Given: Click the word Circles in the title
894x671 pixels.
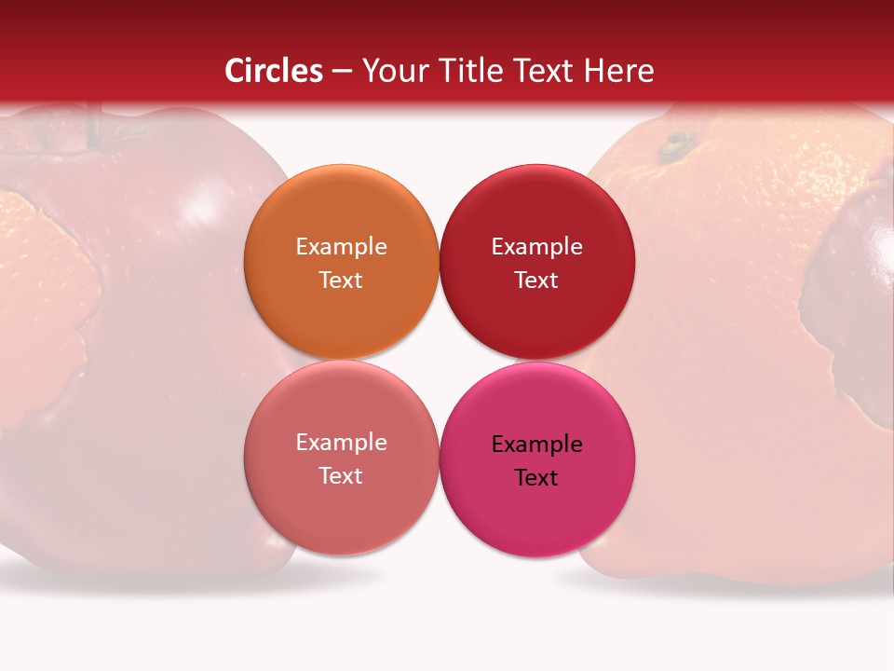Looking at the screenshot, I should (273, 71).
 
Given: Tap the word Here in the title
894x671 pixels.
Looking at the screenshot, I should (619, 71).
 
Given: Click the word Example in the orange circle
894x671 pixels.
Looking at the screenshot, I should (341, 246).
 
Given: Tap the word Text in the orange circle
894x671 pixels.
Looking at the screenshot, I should (341, 280).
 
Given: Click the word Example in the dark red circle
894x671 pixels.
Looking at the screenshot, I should (536, 246).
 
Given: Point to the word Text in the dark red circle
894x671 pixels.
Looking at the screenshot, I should (536, 280).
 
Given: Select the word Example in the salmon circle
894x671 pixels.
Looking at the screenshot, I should (341, 442).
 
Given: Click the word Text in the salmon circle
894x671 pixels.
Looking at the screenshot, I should (341, 475).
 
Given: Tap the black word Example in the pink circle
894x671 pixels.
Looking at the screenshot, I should (536, 444).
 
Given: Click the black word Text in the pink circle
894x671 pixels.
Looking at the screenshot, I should (536, 477).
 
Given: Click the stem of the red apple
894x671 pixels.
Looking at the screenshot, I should (93, 126).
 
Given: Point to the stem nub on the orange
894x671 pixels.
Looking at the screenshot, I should (675, 145).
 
